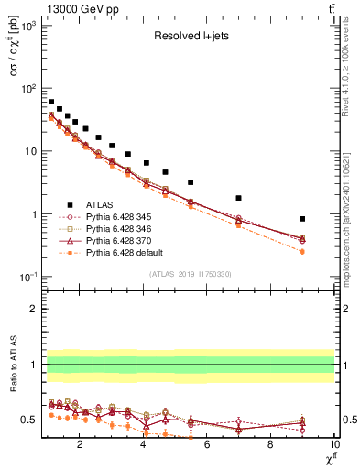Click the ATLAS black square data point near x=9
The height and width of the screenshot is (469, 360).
[x=302, y=219]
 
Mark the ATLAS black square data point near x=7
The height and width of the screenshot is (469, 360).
[x=239, y=198]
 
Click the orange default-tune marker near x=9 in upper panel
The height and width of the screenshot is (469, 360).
[x=302, y=251]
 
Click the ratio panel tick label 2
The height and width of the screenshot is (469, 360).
[x=34, y=309]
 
